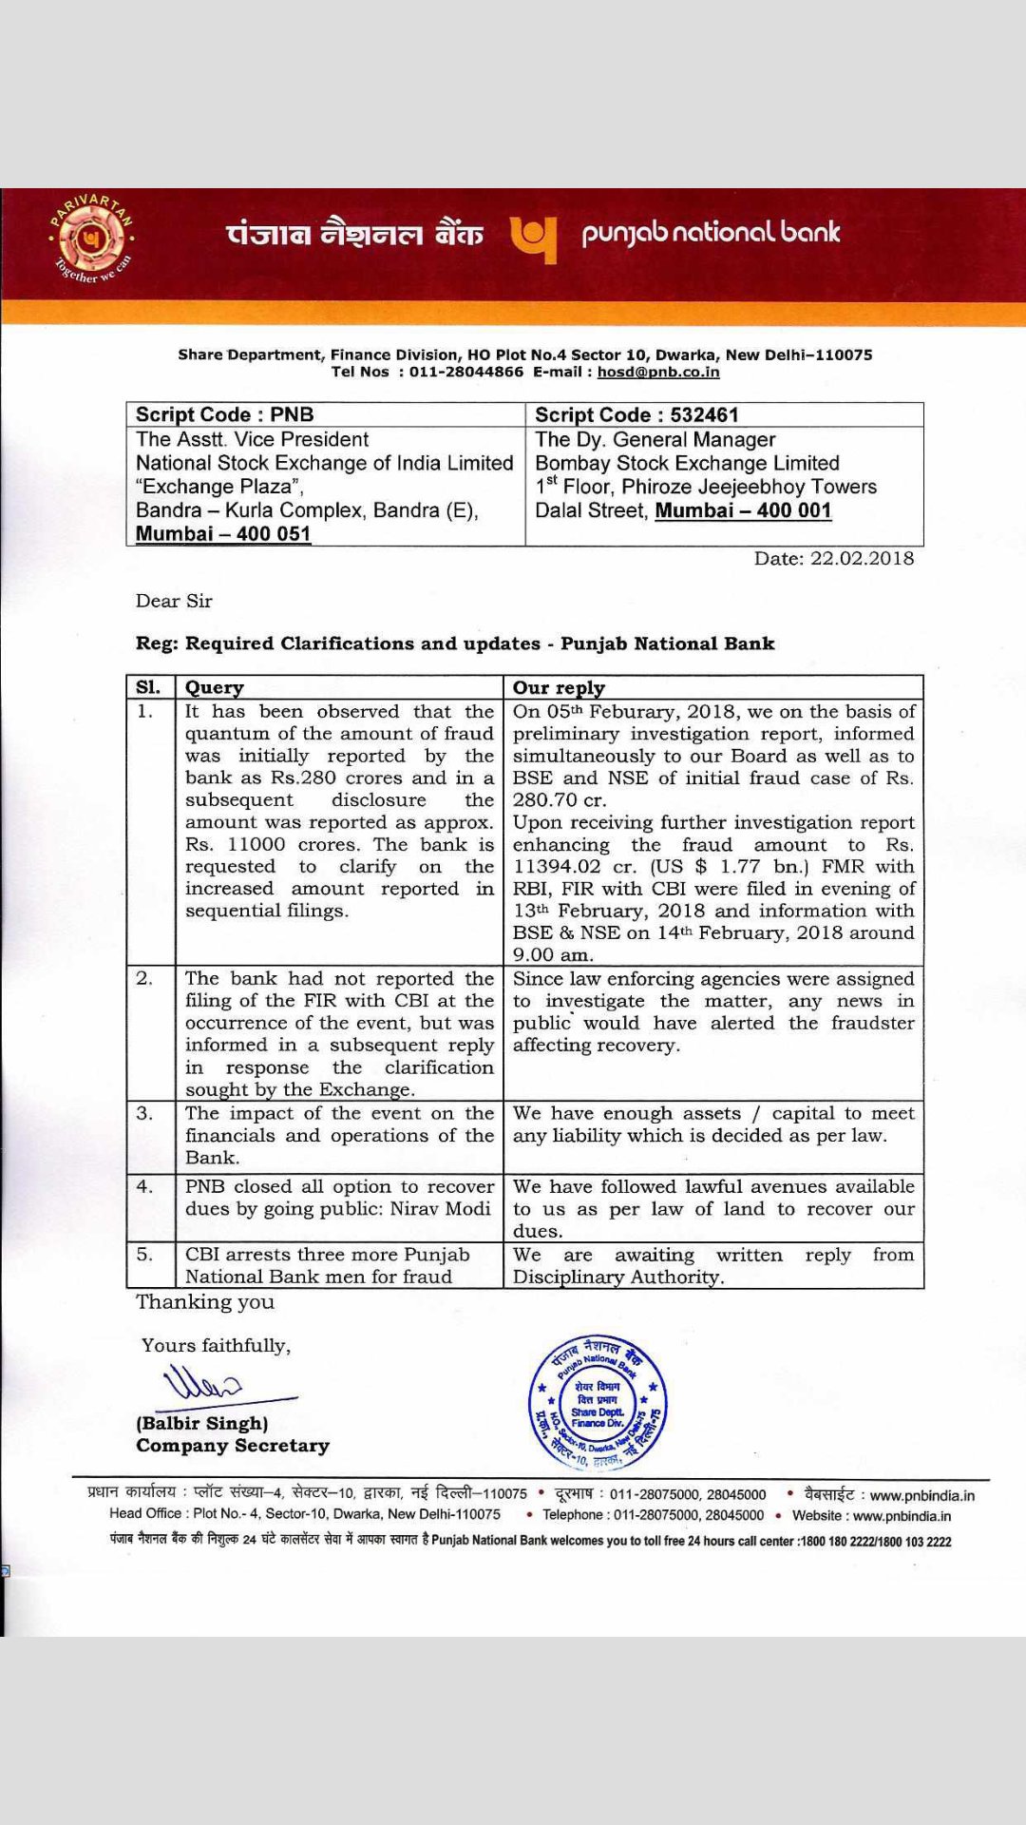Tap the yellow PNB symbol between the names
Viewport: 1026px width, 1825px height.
[x=532, y=240]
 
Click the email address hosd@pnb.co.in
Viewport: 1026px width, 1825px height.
[x=657, y=372]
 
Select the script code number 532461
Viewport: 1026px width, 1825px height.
[x=704, y=414]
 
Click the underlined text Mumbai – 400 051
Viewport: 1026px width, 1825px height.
[x=223, y=533]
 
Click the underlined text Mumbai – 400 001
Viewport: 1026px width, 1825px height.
[x=743, y=510]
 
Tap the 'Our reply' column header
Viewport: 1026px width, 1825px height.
[x=559, y=687]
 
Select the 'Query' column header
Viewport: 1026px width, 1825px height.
[x=215, y=687]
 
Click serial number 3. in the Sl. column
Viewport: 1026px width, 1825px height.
[x=144, y=1113]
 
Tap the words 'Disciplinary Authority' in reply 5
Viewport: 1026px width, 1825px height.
[x=617, y=1277]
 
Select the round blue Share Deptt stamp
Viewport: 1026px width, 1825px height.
[x=598, y=1402]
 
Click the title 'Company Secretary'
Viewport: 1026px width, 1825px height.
[x=233, y=1446]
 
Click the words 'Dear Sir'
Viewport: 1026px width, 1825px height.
[x=174, y=601]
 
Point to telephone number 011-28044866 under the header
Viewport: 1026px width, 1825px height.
[x=465, y=372]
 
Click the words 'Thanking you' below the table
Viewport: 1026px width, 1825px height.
[x=204, y=1302]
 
